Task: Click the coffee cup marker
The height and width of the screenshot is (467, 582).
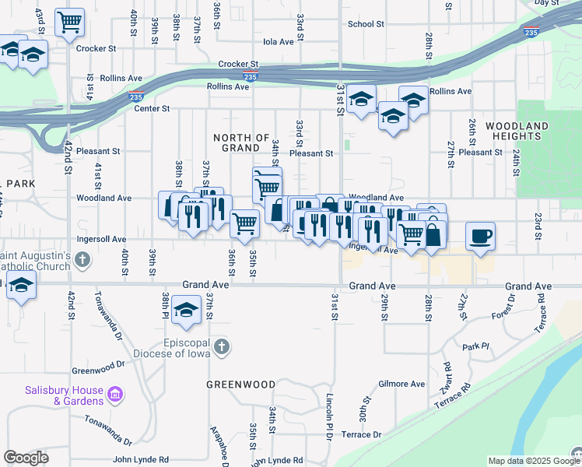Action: pyautogui.click(x=480, y=235)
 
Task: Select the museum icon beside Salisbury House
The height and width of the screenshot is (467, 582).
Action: pyautogui.click(x=116, y=395)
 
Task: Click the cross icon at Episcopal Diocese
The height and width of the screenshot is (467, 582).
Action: pyautogui.click(x=221, y=347)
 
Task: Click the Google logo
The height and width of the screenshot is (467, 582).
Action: pyautogui.click(x=26, y=458)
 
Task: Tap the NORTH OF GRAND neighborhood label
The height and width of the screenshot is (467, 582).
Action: pyautogui.click(x=241, y=142)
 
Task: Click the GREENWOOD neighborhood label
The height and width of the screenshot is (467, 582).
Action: pyautogui.click(x=241, y=384)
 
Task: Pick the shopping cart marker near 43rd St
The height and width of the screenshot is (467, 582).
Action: pyautogui.click(x=70, y=23)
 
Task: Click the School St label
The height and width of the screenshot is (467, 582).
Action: pyautogui.click(x=366, y=24)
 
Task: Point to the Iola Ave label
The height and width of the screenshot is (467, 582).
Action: pyautogui.click(x=278, y=42)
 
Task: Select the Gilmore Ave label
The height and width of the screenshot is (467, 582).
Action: pyautogui.click(x=401, y=384)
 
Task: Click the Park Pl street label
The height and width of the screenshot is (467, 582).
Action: pyautogui.click(x=474, y=346)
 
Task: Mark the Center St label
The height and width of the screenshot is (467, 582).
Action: pyautogui.click(x=152, y=108)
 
